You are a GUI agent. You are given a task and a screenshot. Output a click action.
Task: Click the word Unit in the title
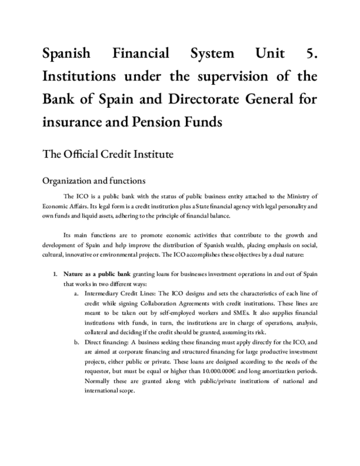(x=270, y=53)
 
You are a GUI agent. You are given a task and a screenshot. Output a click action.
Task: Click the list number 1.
(x=55, y=274)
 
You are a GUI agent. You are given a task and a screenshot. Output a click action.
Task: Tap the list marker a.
(x=76, y=293)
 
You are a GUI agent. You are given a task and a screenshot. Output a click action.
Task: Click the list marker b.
(x=76, y=342)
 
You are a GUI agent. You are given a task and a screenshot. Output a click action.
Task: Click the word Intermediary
(x=103, y=293)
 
